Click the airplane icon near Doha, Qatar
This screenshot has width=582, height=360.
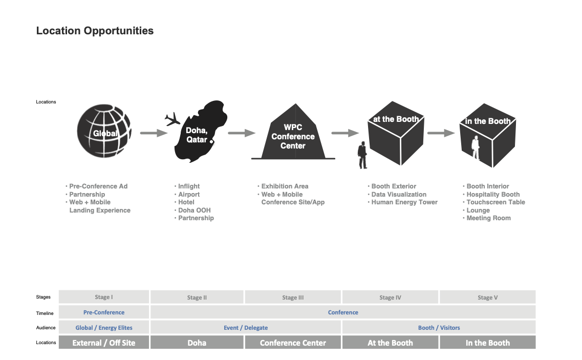[173, 120]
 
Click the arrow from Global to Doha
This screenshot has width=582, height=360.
[154, 133]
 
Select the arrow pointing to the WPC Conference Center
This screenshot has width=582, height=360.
[241, 133]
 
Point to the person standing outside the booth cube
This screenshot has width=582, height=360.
[362, 155]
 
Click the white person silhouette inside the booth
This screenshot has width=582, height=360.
[476, 147]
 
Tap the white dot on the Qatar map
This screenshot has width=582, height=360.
[211, 141]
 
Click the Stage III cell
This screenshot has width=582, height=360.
[293, 298]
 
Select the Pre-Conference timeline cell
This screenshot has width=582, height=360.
[104, 312]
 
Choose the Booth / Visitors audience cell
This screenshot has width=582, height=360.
[439, 328]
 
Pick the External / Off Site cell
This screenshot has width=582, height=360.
[104, 343]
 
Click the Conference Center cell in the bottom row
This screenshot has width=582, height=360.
[293, 343]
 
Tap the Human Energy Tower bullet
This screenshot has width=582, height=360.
[404, 202]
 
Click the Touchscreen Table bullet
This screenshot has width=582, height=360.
[495, 202]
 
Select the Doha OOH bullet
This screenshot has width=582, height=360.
[194, 210]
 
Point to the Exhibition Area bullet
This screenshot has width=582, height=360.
[285, 186]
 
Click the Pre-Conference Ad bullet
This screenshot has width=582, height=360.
[98, 186]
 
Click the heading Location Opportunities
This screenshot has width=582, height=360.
[95, 31]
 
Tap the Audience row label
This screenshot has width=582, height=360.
[46, 328]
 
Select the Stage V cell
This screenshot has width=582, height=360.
[487, 298]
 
